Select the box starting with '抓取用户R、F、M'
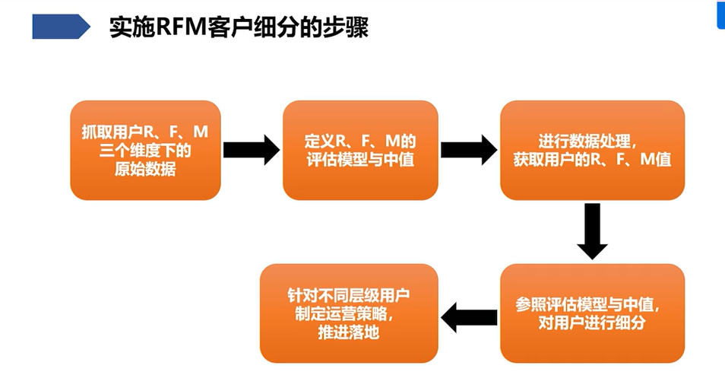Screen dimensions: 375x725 (x=145, y=150)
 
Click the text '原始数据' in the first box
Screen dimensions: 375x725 (x=145, y=169)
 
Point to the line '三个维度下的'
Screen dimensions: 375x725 (x=145, y=151)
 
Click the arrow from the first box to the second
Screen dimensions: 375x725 (x=252, y=150)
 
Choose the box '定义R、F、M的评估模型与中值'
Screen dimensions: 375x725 (x=360, y=150)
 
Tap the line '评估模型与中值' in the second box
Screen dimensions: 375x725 (x=360, y=160)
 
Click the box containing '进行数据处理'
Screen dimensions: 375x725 (x=592, y=150)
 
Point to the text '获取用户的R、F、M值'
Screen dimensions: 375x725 (x=592, y=160)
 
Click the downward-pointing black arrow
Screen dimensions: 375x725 (x=592, y=231)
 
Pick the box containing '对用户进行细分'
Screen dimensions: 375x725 (x=592, y=313)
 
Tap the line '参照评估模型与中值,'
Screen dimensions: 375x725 (x=592, y=303)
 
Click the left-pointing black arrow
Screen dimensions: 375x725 (x=470, y=315)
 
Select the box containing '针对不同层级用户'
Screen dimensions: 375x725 (x=349, y=313)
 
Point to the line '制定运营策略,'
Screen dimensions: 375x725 (x=349, y=313)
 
